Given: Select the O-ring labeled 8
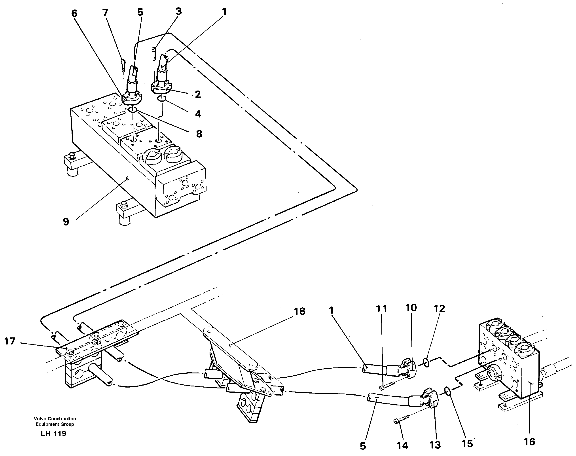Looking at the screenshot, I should [x=133, y=110].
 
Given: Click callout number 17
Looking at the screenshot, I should [x=10, y=341].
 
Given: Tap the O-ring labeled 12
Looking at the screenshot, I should [x=426, y=363].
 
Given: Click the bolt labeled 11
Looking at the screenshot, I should [x=390, y=386].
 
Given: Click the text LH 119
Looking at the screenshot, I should [x=54, y=433].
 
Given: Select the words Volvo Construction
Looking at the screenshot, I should [x=55, y=419].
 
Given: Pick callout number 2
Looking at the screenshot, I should [x=198, y=94].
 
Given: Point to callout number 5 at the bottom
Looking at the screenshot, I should [x=363, y=446].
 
